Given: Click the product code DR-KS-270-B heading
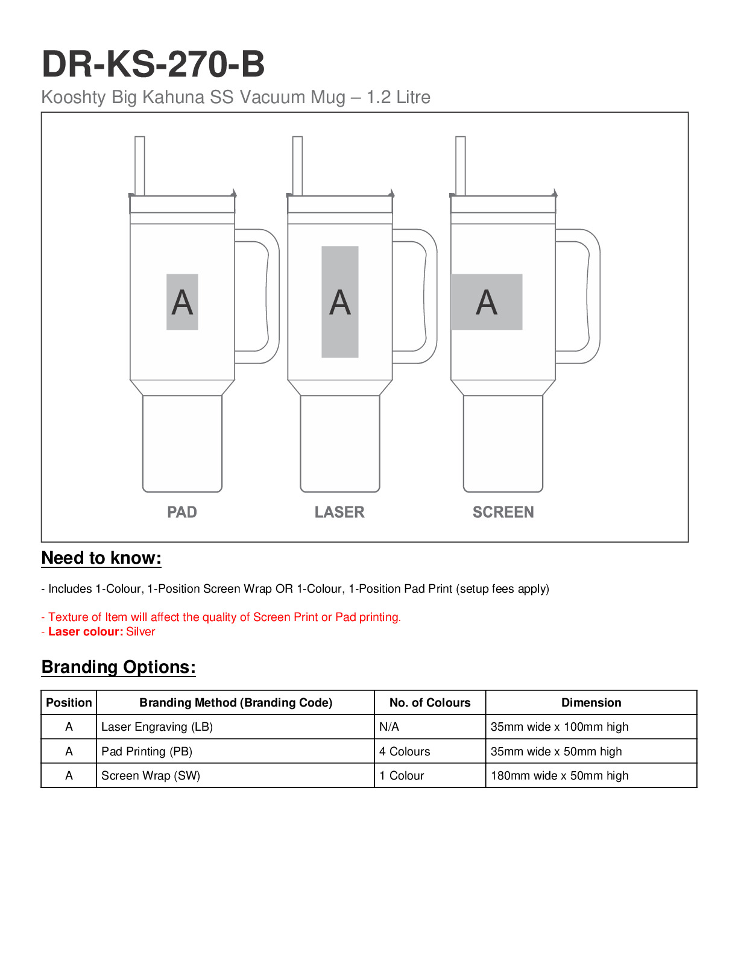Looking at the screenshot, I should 153,65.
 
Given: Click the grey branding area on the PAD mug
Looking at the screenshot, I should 182,302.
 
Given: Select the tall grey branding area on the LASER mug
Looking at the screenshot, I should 340,302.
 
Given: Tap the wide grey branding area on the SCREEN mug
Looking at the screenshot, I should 487,302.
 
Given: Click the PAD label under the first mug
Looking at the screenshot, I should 182,512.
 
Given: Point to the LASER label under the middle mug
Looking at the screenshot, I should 339,512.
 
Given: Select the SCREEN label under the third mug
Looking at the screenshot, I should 503,512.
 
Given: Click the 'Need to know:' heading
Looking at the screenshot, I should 101,558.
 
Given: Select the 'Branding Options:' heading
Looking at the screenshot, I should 118,667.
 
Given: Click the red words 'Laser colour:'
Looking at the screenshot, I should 86,632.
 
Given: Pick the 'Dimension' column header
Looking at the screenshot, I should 591,702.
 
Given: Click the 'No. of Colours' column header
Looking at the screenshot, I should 430,702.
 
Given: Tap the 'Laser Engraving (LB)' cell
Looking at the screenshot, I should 157,727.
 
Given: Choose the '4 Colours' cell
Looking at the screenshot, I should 405,752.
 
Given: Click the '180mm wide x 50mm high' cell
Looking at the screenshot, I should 560,776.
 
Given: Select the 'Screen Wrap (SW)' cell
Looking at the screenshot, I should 151,776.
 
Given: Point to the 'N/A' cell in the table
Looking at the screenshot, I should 389,727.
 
